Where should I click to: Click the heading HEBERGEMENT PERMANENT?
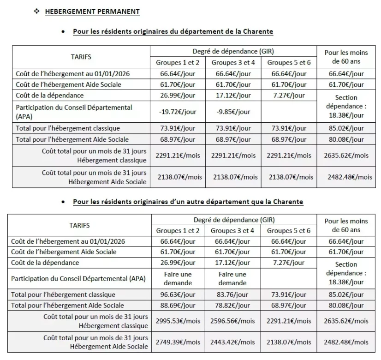[92, 11]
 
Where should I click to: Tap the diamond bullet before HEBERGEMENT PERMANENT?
[37, 11]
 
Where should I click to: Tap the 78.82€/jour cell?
[233, 305]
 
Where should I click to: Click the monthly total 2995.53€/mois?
[178, 321]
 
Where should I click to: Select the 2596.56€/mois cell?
[233, 321]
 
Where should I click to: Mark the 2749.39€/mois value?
[178, 342]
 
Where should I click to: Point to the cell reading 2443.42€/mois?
[233, 342]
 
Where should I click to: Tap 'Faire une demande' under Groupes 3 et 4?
[232, 278]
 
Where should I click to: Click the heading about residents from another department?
[188, 202]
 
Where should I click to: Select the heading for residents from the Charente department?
[173, 32]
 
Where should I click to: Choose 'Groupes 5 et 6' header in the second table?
[289, 230]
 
